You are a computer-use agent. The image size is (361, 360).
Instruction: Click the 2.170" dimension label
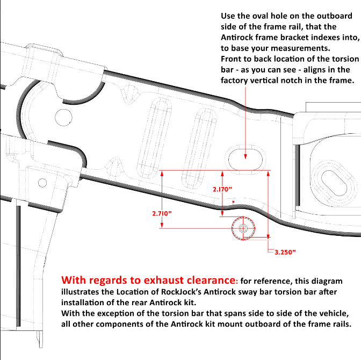pyautogui.click(x=221, y=190)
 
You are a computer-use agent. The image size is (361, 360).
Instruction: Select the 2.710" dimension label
pyautogui.click(x=162, y=213)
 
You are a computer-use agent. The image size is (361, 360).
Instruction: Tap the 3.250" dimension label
pyautogui.click(x=285, y=251)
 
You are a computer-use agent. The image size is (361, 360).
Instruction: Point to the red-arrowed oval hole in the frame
pyautogui.click(x=246, y=157)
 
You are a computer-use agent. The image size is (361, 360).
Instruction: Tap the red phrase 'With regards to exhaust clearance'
pyautogui.click(x=148, y=280)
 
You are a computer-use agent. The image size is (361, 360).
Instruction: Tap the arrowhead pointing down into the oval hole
pyautogui.click(x=246, y=156)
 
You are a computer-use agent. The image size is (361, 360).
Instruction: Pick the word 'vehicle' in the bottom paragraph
pyautogui.click(x=335, y=314)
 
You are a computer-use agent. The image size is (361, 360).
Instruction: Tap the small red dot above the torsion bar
pyautogui.click(x=233, y=202)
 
